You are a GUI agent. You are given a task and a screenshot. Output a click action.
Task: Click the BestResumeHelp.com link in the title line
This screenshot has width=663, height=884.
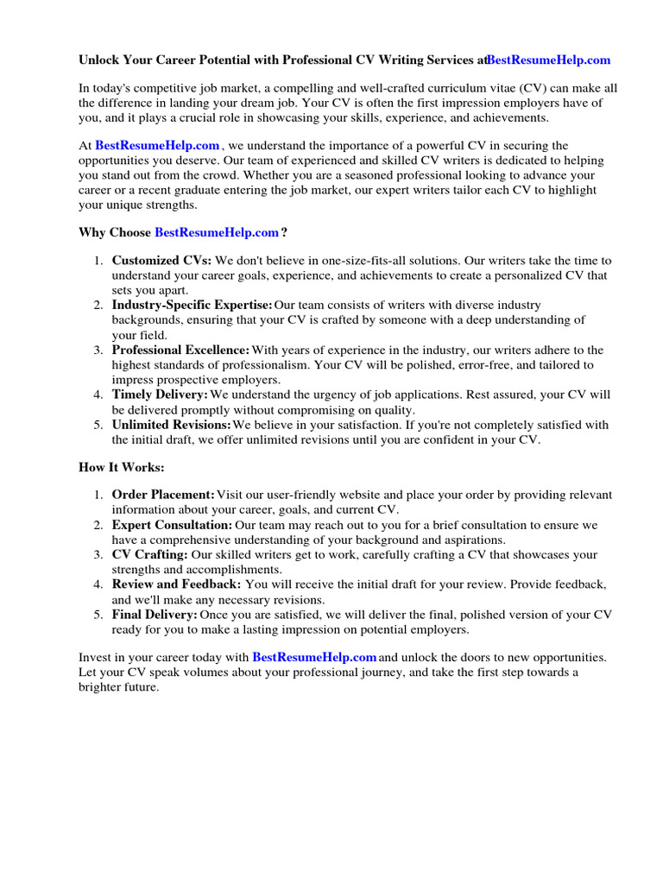[x=548, y=60]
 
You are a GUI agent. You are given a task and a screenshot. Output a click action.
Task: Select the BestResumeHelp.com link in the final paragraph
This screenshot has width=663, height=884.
[x=314, y=657]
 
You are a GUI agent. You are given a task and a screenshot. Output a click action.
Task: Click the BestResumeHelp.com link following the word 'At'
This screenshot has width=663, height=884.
[x=157, y=146]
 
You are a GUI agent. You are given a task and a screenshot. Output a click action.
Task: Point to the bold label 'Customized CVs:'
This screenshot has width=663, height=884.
[x=161, y=260]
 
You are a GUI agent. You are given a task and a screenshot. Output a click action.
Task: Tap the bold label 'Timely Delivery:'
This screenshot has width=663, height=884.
[x=160, y=395]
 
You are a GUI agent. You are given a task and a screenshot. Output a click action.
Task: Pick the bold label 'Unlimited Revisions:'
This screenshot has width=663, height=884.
[x=171, y=425]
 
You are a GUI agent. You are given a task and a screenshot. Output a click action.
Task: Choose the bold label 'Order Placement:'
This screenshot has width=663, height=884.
[x=163, y=495]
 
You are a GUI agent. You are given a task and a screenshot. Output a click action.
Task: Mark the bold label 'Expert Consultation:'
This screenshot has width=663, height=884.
[x=172, y=525]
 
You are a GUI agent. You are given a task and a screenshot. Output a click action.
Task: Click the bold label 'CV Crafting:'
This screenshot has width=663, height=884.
[x=150, y=554]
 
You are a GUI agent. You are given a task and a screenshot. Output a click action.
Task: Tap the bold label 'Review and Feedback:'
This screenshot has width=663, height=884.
[x=176, y=584]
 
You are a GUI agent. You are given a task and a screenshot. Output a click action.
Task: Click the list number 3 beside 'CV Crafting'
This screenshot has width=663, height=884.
[x=98, y=554]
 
